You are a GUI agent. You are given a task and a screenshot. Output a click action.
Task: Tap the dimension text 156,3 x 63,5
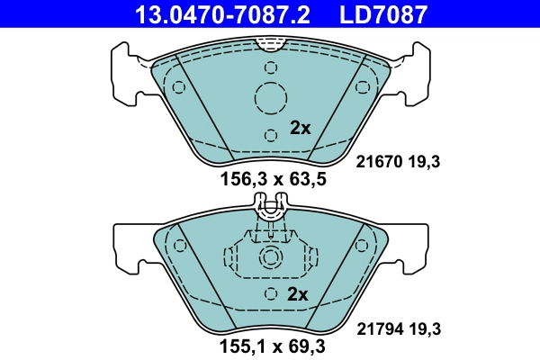pyautogui.click(x=272, y=179)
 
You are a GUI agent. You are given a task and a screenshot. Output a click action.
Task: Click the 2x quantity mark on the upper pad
pyautogui.click(x=299, y=128)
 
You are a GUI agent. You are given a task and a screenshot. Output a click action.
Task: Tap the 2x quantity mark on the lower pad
pyautogui.click(x=298, y=294)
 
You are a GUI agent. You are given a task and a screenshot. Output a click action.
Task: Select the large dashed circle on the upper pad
pyautogui.click(x=271, y=98)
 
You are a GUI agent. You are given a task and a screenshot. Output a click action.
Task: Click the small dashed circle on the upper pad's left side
pyautogui.click(x=178, y=87)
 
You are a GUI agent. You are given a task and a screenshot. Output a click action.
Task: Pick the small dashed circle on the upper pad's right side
pyautogui.click(x=364, y=87)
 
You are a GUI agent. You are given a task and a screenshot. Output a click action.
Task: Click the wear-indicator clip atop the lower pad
pyautogui.click(x=271, y=211)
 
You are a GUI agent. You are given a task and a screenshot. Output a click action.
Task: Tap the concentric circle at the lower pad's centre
pyautogui.click(x=271, y=258)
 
